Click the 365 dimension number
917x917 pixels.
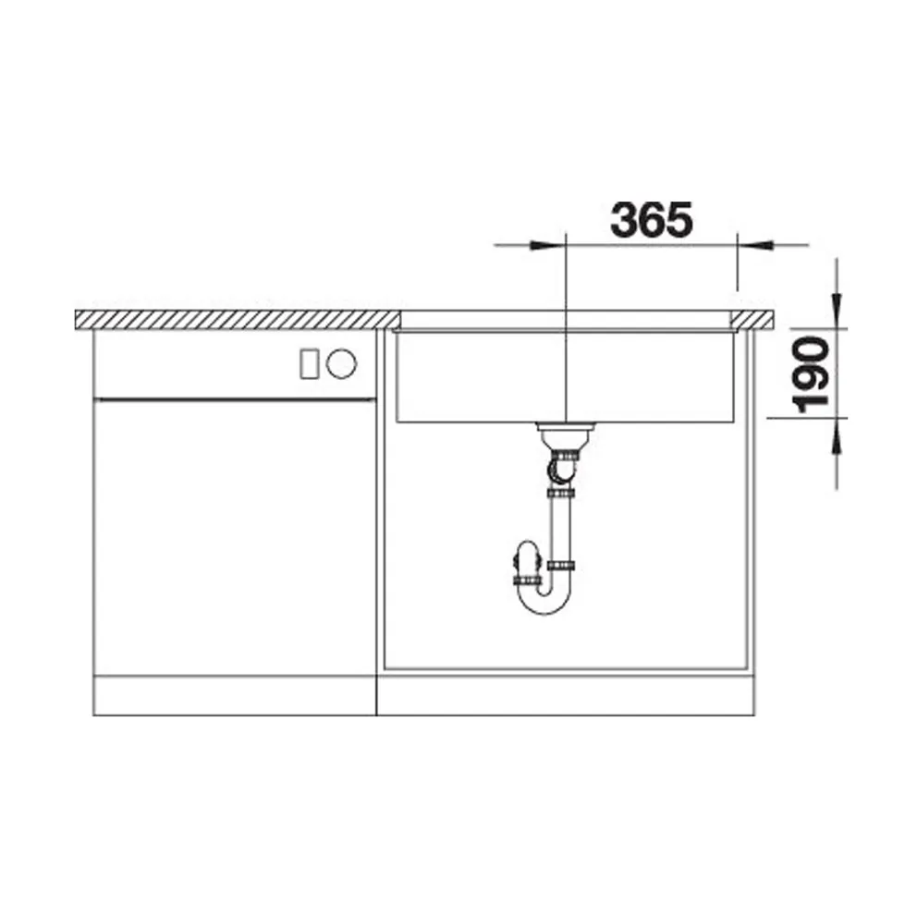(651, 220)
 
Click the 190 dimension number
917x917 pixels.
(811, 374)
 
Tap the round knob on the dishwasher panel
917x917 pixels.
(341, 364)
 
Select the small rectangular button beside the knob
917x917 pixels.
(310, 364)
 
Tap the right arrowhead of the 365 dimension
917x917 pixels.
(755, 244)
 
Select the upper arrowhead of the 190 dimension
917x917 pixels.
(838, 309)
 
